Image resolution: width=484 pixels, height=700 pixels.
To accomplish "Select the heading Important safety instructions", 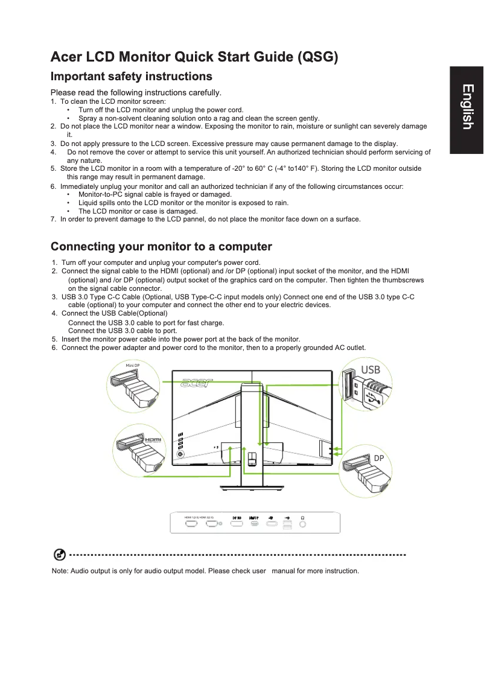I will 131,77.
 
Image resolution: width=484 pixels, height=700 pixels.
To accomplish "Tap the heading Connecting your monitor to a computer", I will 161,247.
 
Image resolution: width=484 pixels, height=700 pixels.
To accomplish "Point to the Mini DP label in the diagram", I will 132,366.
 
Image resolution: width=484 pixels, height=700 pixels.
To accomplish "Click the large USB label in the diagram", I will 370,369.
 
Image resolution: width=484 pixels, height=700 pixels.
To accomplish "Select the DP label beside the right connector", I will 378,459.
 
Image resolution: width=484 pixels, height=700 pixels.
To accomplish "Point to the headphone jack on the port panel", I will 302,523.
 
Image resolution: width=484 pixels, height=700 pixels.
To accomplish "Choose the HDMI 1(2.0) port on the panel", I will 191,523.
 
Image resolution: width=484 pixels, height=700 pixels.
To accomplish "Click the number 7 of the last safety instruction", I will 53,219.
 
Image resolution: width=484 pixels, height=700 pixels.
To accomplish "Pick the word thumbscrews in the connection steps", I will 403,281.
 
